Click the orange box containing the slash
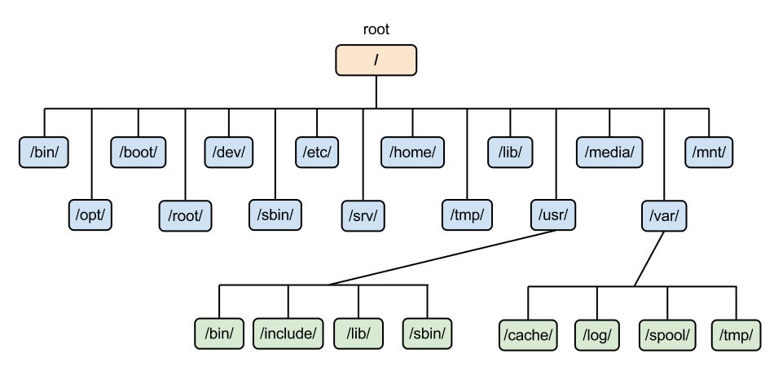pyautogui.click(x=376, y=60)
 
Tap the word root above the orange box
pyautogui.click(x=376, y=29)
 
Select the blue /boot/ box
pyautogui.click(x=139, y=153)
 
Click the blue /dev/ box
pyautogui.click(x=229, y=153)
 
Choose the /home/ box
pyautogui.click(x=412, y=153)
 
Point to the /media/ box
pyautogui.click(x=609, y=153)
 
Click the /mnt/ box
pyautogui.click(x=709, y=153)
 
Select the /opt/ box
pyautogui.click(x=91, y=214)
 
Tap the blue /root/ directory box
pyautogui.click(x=185, y=214)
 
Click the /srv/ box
pyautogui.click(x=363, y=214)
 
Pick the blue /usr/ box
pyautogui.click(x=556, y=214)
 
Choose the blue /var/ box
pyautogui.click(x=664, y=214)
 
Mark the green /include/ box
pyautogui.click(x=288, y=333)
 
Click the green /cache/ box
pyautogui.click(x=528, y=333)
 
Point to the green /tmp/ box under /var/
pyautogui.click(x=736, y=333)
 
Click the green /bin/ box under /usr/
pyautogui.click(x=218, y=333)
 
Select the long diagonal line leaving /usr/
pyautogui.click(x=440, y=257)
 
